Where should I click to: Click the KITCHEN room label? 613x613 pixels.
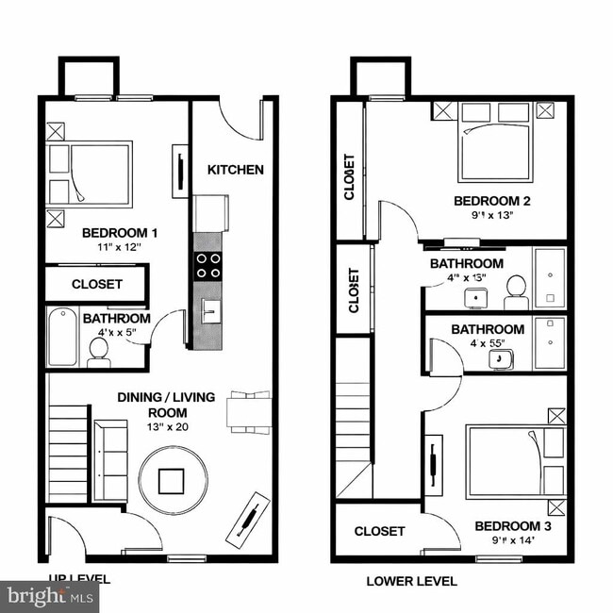[235, 170]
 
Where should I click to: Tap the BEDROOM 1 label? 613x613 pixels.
[120, 233]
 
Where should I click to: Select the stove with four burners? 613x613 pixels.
[208, 265]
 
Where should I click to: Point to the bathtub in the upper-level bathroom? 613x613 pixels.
[63, 338]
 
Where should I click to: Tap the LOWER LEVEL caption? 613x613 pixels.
[411, 581]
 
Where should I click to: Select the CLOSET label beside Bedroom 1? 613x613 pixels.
[97, 284]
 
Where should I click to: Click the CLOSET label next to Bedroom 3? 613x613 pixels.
[379, 532]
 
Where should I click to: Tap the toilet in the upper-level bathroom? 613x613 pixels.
[98, 351]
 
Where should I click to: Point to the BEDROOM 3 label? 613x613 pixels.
[512, 526]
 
